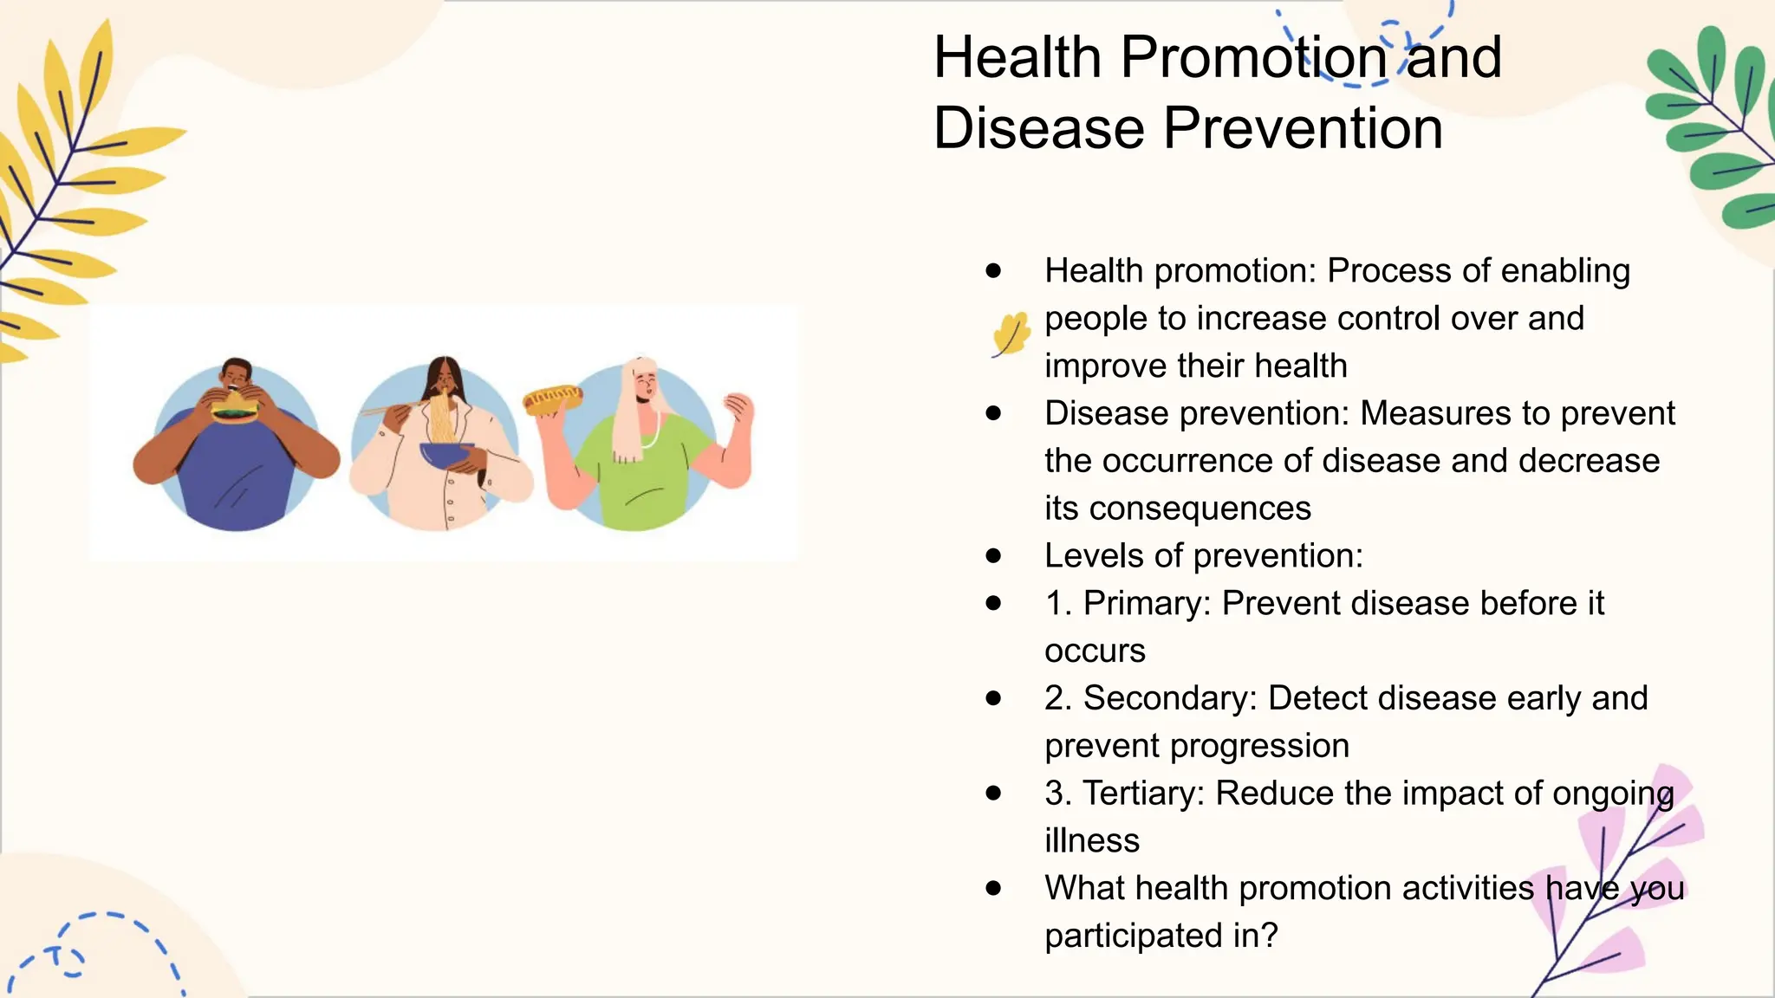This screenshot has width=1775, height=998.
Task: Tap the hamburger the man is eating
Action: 235,406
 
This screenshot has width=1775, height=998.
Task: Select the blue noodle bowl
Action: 445,454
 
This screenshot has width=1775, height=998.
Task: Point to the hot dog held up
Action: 553,400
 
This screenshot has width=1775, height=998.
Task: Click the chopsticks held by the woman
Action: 390,407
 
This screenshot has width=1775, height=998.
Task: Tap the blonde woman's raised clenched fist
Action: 738,407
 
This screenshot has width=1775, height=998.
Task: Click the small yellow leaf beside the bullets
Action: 1011,334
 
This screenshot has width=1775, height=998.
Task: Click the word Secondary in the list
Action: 1169,699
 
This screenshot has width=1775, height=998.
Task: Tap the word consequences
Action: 1200,509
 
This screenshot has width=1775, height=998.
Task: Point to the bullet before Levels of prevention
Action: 993,555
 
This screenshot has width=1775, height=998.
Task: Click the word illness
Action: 1091,841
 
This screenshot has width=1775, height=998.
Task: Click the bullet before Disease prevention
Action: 993,413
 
